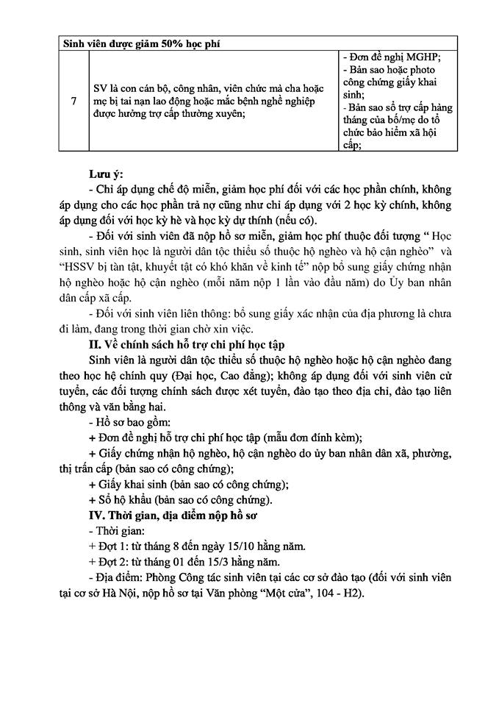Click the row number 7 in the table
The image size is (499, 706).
72,101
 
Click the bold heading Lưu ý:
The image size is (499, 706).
106,175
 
